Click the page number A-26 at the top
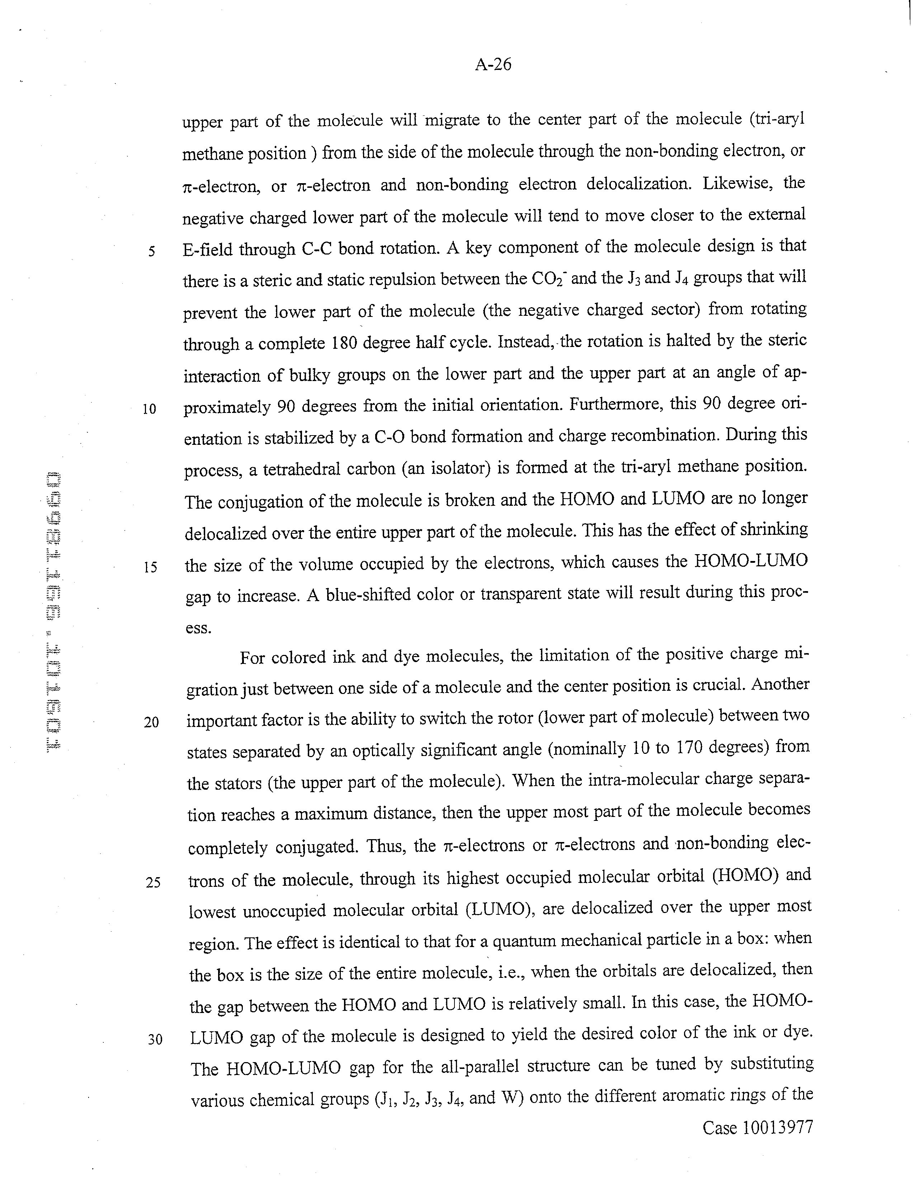pos(493,65)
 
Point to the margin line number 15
pos(150,567)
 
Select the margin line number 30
pos(155,1039)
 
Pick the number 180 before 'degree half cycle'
pos(344,343)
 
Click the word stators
pos(237,783)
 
